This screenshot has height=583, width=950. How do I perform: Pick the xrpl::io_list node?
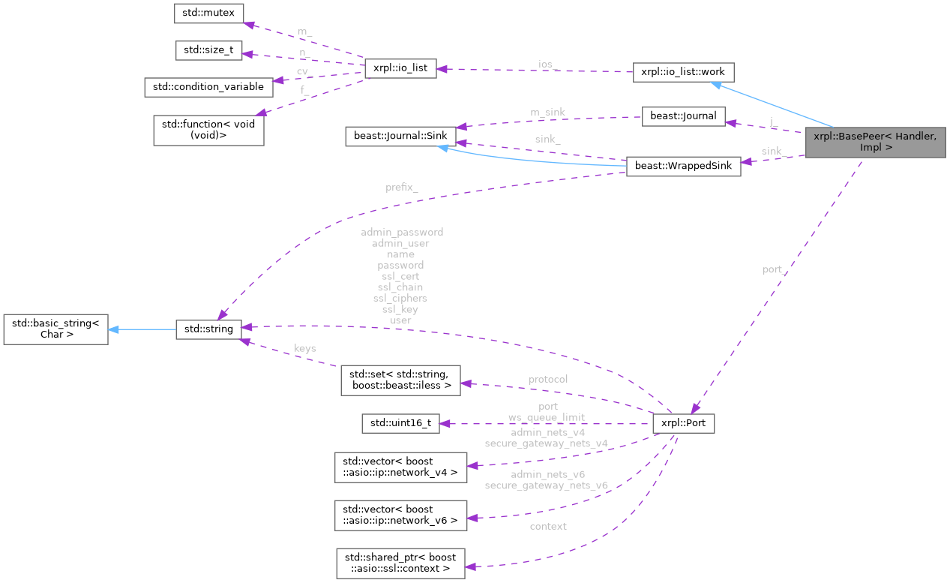[400, 68]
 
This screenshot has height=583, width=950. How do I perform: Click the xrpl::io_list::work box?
[682, 73]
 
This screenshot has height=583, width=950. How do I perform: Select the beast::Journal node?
[683, 116]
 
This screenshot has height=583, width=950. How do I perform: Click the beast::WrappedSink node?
[683, 166]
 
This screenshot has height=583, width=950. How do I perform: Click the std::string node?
[208, 329]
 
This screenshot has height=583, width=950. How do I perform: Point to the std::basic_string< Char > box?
[55, 329]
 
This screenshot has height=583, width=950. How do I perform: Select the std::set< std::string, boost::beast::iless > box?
[400, 379]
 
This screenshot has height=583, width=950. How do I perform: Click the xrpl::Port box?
[683, 423]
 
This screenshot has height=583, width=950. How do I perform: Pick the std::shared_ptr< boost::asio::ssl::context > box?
[400, 563]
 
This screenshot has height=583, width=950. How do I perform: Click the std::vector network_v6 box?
[400, 514]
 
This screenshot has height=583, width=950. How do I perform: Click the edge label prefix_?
[402, 188]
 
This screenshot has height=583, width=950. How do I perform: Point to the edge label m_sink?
[547, 113]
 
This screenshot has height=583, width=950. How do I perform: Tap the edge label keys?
[305, 348]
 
